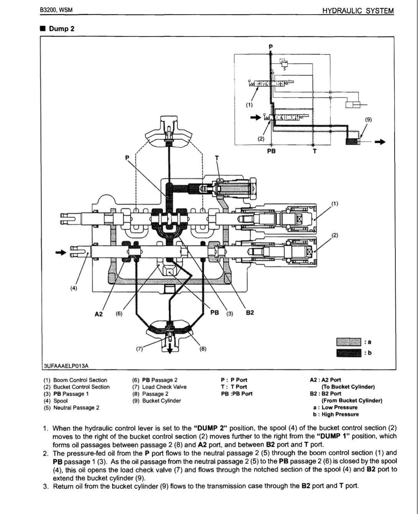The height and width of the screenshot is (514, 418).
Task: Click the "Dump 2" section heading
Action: coord(61,29)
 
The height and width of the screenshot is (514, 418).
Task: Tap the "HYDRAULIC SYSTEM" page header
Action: coord(358,11)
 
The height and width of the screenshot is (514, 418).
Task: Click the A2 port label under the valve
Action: coord(99,314)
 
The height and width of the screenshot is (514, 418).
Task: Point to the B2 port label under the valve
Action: coord(250,313)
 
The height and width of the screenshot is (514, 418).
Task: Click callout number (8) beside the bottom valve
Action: coord(203,349)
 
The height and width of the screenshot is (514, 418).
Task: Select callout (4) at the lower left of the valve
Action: coord(73,288)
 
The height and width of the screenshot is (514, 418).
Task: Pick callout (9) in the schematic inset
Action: coord(368,119)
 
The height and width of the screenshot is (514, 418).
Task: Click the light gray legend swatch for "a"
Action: coord(348,342)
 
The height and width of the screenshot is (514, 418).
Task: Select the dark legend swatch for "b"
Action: coord(348,353)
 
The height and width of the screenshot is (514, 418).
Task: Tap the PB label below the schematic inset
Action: coord(271,151)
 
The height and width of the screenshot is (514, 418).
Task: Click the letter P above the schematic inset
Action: coord(271,47)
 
